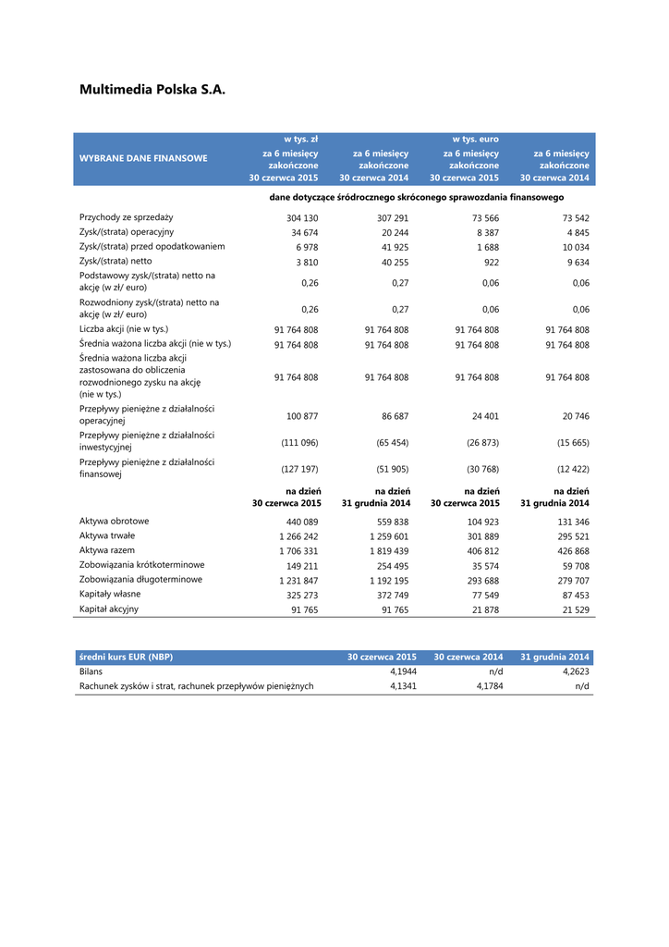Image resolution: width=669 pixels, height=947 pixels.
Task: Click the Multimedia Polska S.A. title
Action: coord(152,90)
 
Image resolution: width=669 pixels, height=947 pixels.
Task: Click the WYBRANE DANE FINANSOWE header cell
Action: coord(143,158)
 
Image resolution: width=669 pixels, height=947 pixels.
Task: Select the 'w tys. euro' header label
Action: coord(475,139)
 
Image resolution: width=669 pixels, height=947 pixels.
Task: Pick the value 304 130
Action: coord(300,218)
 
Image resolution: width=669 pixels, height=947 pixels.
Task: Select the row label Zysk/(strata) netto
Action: coord(116,261)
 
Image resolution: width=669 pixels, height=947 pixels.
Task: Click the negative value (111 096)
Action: coord(299,442)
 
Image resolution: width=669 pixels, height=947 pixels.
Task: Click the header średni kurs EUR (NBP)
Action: coord(126,657)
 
